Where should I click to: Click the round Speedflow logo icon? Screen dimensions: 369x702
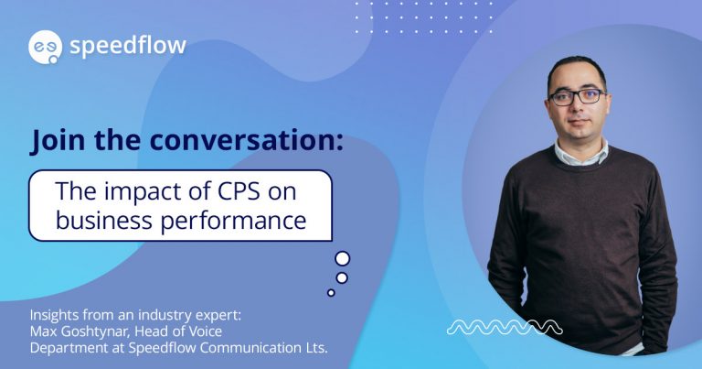click(44, 47)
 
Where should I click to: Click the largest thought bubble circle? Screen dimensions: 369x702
click(342, 258)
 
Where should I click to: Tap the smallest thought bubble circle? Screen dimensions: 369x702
click(331, 293)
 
